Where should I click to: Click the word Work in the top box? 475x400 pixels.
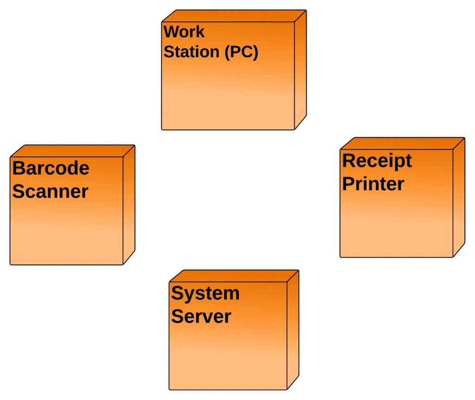tap(184, 32)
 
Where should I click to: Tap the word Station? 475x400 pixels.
tap(192, 52)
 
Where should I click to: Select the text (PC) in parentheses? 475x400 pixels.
tap(241, 52)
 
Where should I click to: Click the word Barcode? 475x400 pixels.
tap(51, 168)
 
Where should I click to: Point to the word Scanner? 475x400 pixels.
tap(50, 191)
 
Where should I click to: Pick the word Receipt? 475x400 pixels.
tap(377, 161)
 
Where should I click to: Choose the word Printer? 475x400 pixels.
tap(373, 184)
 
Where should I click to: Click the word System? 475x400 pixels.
tap(205, 293)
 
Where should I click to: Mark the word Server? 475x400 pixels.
tap(201, 316)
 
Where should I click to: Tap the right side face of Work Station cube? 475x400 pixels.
tap(301, 70)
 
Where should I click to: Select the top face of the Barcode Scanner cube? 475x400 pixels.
tap(72, 151)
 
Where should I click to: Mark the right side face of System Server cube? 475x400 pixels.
tap(293, 329)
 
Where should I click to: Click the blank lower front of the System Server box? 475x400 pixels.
tap(228, 362)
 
